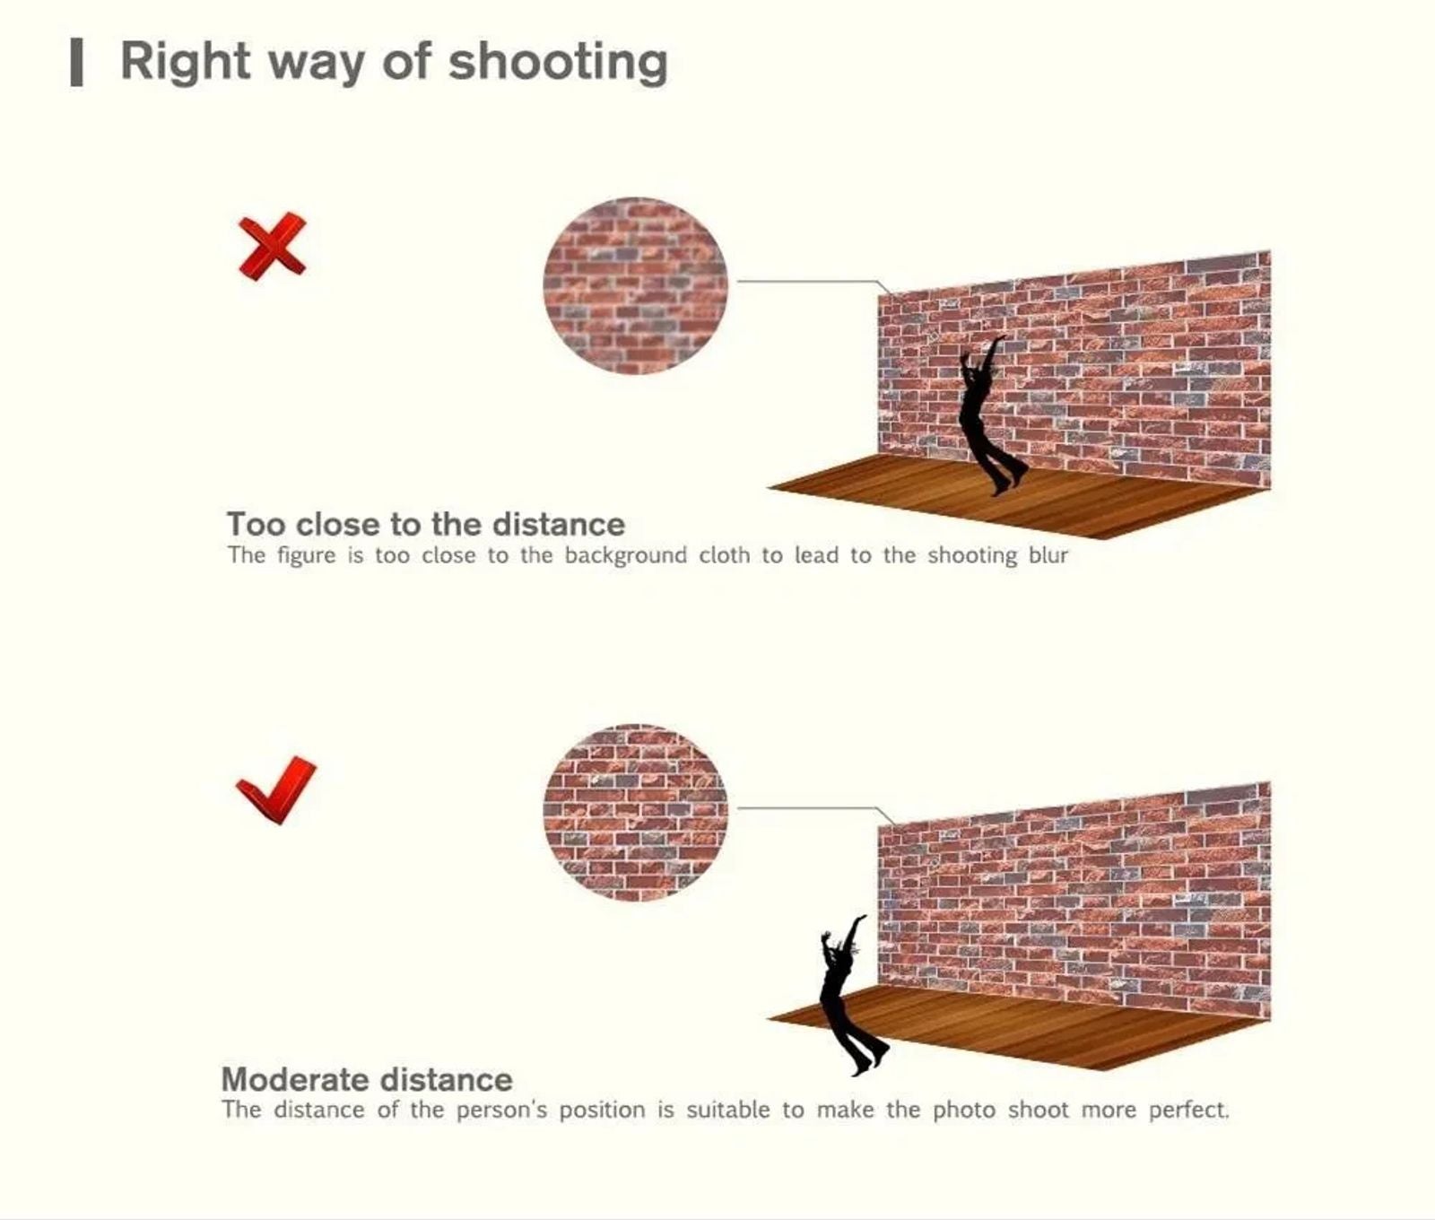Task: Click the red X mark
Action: click(x=272, y=247)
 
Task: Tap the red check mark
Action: click(x=276, y=789)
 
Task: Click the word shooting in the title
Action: click(x=558, y=64)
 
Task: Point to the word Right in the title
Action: click(x=186, y=64)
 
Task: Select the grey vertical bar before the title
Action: click(x=77, y=64)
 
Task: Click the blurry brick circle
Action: click(x=636, y=285)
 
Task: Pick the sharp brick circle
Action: click(x=636, y=812)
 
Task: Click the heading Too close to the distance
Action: click(x=426, y=524)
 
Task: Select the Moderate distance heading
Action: click(x=367, y=1078)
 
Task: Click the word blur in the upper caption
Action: click(x=1048, y=555)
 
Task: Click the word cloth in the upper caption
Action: click(x=724, y=555)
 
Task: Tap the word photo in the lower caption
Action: click(x=964, y=1111)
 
